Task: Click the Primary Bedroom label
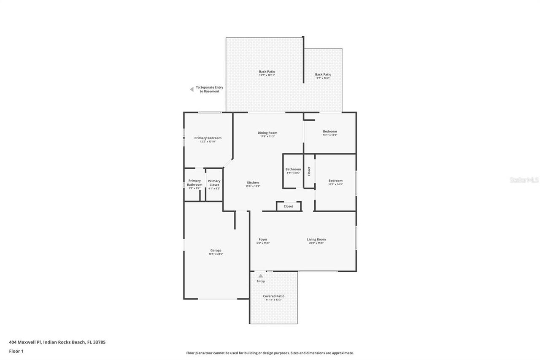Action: point(208,138)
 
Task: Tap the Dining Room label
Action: point(267,133)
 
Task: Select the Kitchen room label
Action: point(253,183)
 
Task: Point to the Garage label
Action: point(216,250)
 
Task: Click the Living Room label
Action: point(316,239)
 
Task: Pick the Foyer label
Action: point(263,239)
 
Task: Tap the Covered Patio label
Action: point(273,296)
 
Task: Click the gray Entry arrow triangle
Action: point(261,276)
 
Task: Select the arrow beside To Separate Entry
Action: point(192,89)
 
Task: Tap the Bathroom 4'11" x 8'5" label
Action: point(293,169)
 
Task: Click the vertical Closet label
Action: point(309,171)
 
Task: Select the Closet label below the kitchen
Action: point(288,206)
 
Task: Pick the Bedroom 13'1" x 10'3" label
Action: point(330,131)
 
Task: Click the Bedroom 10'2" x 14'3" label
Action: point(335,181)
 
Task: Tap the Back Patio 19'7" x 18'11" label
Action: point(267,72)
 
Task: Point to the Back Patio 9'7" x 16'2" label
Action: point(323,75)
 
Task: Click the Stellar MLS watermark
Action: point(524,180)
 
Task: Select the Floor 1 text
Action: point(16,351)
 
